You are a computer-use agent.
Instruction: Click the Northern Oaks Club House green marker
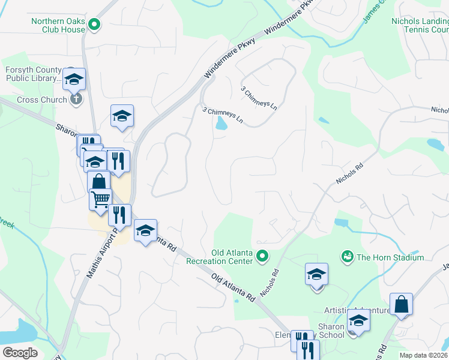pos(94,25)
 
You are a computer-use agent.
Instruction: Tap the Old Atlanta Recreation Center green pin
pos(262,257)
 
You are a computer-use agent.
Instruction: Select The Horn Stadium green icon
pos(346,257)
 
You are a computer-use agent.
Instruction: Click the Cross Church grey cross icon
pos(76,99)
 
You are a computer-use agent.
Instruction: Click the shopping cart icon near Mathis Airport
pos(100,198)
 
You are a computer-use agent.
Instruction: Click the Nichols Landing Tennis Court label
pos(420,25)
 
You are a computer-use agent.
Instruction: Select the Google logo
pos(20,353)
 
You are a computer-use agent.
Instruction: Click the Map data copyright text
pos(423,355)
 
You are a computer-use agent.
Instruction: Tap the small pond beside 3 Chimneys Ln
pos(221,124)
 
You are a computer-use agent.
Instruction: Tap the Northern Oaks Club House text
pos(58,25)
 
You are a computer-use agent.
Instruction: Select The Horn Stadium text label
pos(390,257)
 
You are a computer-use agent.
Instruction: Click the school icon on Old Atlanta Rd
pos(145,230)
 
